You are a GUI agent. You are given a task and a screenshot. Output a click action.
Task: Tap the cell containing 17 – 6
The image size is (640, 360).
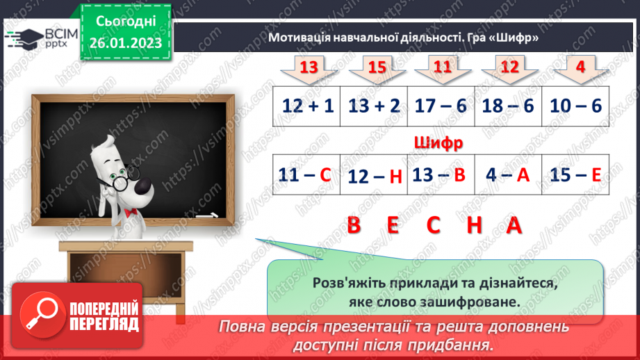(x=441, y=106)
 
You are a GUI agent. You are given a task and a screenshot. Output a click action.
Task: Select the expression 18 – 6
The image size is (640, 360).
(x=508, y=106)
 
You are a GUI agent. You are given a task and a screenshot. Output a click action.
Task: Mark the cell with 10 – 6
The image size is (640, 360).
(x=575, y=106)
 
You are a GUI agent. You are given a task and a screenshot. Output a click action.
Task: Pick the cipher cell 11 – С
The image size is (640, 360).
(x=306, y=176)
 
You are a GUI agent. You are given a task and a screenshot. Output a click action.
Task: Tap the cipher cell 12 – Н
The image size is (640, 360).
(x=375, y=177)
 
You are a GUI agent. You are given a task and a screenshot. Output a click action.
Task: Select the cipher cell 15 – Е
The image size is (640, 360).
(x=575, y=176)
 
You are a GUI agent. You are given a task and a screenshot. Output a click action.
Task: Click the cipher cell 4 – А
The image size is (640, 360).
(x=509, y=176)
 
